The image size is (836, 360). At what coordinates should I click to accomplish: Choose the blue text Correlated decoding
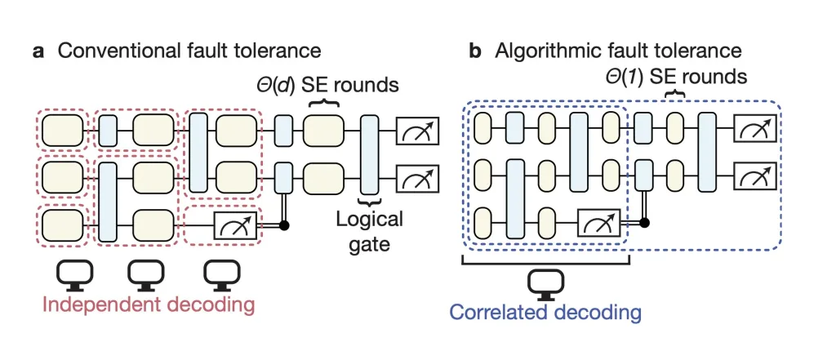tap(545, 312)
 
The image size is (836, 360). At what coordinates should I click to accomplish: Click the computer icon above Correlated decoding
tap(542, 282)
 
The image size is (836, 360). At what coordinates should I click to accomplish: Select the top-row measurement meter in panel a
tap(417, 128)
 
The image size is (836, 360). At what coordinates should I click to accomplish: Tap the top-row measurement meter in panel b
tap(754, 127)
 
